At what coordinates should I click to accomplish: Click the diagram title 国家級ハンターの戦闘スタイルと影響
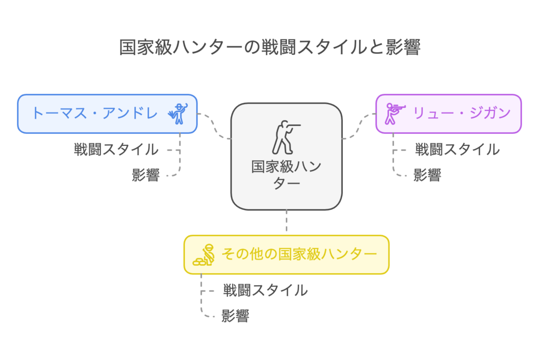pyautogui.click(x=270, y=47)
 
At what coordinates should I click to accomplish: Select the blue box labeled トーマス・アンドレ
pyautogui.click(x=107, y=114)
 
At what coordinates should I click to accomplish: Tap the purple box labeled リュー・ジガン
pyautogui.click(x=448, y=114)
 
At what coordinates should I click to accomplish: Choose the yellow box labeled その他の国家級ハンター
pyautogui.click(x=286, y=255)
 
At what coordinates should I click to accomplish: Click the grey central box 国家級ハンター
pyautogui.click(x=286, y=156)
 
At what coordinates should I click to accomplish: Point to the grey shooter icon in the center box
pyautogui.click(x=286, y=137)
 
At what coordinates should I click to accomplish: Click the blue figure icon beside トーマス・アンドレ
pyautogui.click(x=178, y=114)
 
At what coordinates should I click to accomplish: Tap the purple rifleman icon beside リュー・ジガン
pyautogui.click(x=395, y=114)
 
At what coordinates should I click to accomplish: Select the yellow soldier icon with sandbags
pyautogui.click(x=204, y=255)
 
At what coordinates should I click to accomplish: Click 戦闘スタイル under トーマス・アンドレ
pyautogui.click(x=116, y=149)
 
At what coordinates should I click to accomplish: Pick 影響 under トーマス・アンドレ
pyautogui.click(x=146, y=175)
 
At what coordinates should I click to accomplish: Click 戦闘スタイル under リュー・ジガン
pyautogui.click(x=457, y=149)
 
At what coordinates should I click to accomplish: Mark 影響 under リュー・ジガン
pyautogui.click(x=427, y=175)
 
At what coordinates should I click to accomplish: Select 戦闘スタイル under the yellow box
pyautogui.click(x=265, y=291)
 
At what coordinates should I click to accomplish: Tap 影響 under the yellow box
pyautogui.click(x=235, y=316)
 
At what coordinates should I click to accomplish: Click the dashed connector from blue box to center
pyautogui.click(x=214, y=126)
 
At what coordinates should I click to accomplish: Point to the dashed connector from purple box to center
pyautogui.click(x=359, y=126)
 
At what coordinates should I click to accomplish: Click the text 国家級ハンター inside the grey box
pyautogui.click(x=286, y=175)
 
